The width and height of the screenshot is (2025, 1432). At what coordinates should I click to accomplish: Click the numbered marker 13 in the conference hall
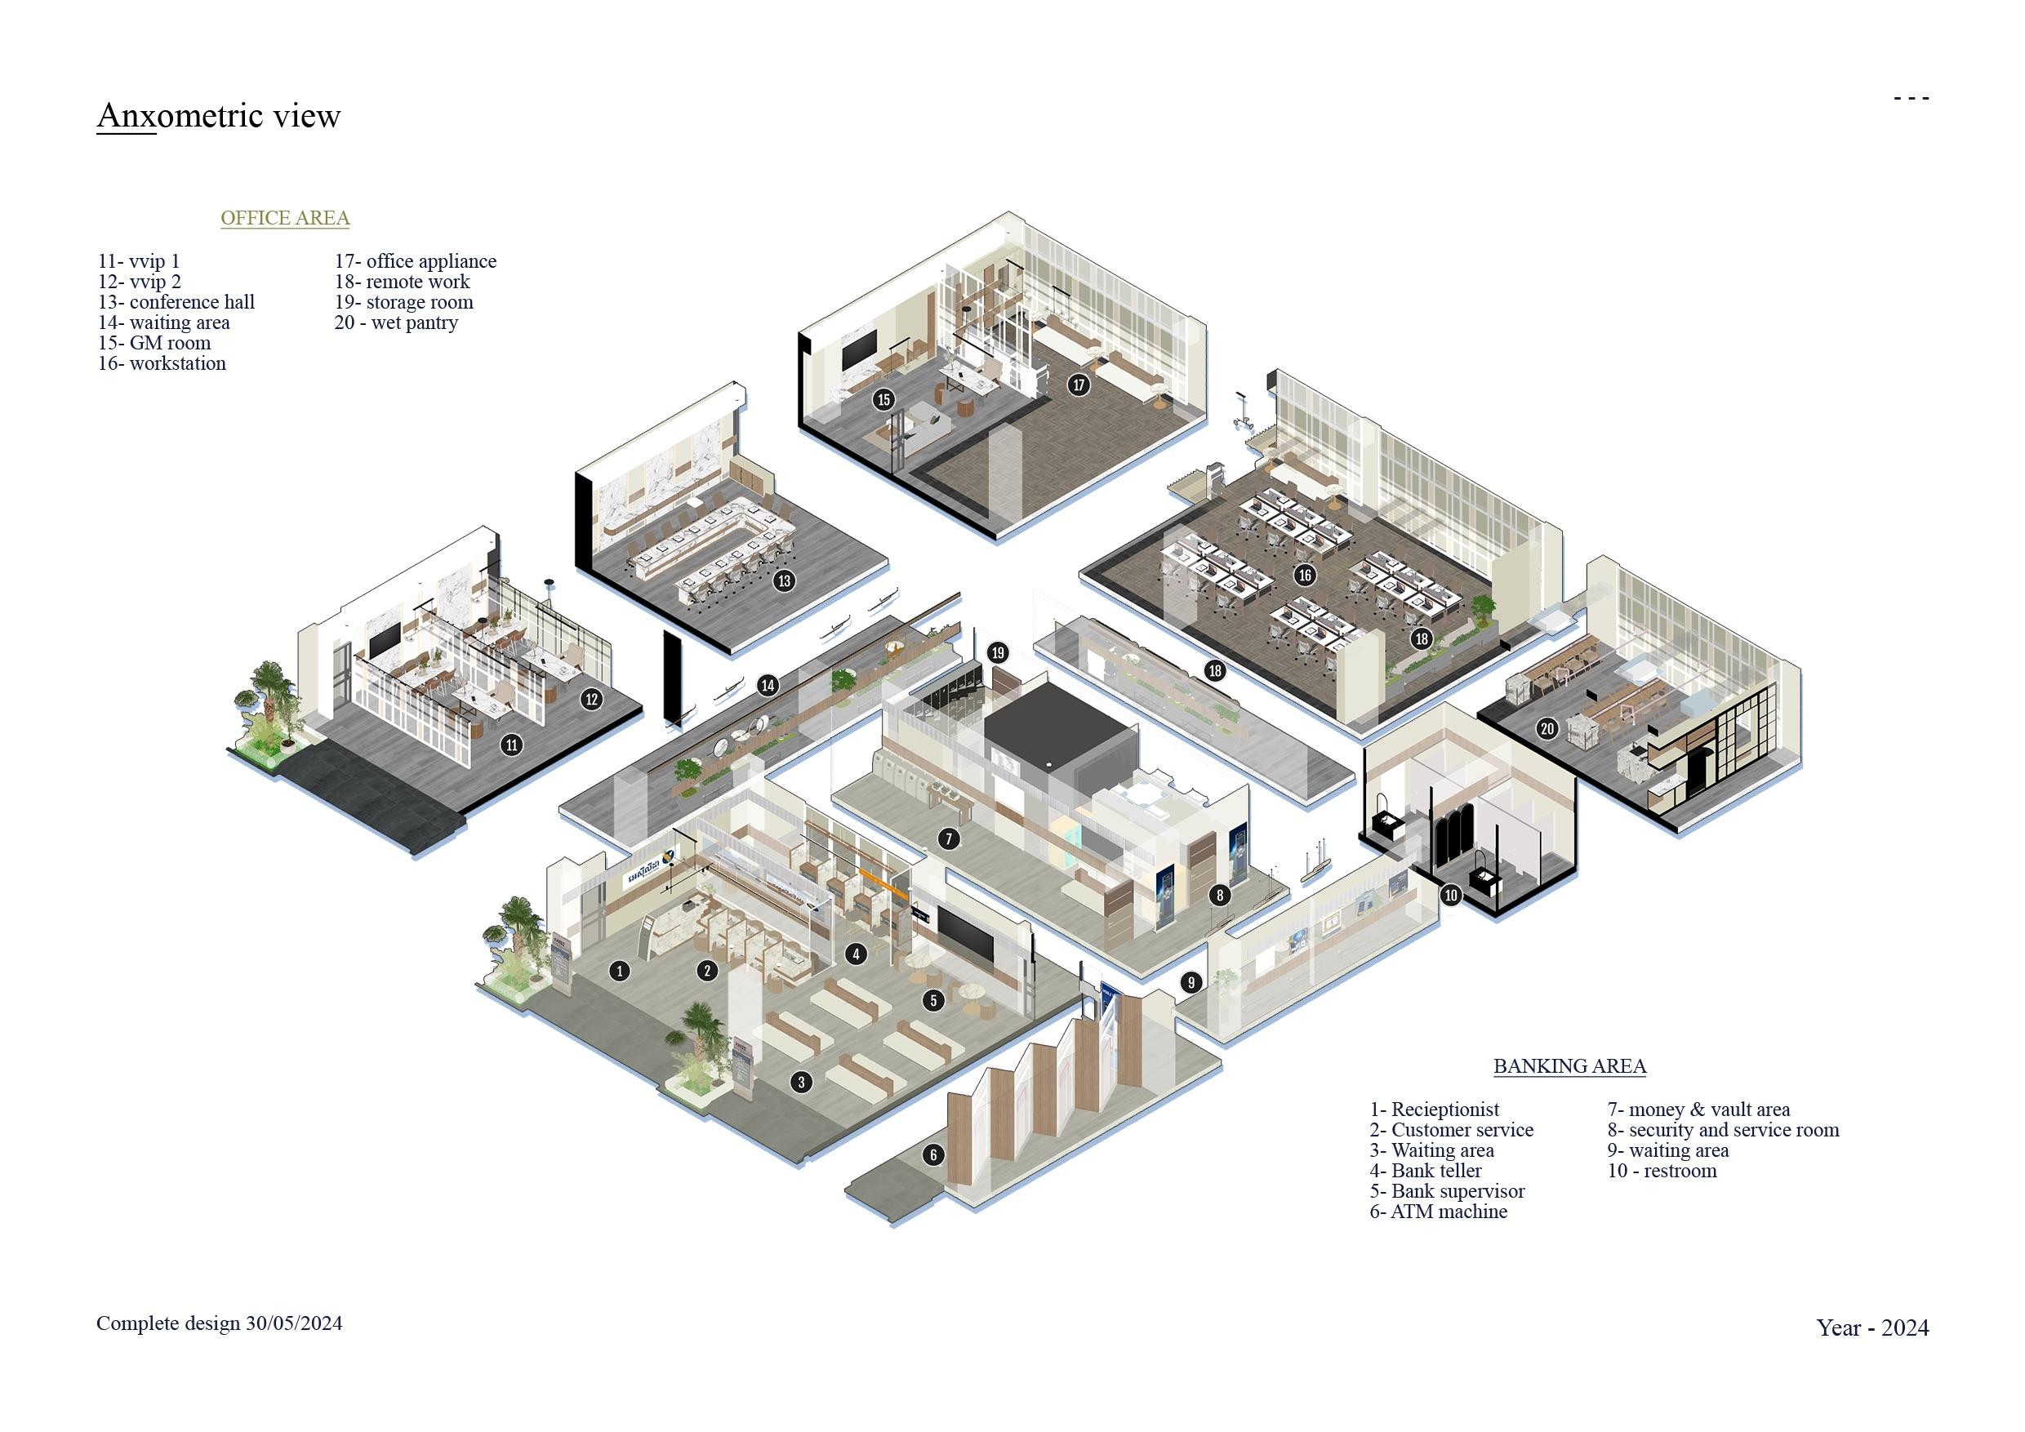783,580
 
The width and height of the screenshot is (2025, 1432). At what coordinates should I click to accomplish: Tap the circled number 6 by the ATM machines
933,1154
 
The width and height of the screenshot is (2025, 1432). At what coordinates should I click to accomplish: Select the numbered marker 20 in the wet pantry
1547,728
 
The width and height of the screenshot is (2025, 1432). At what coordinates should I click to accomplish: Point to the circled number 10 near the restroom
1451,895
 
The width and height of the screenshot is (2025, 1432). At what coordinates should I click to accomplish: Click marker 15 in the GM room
883,399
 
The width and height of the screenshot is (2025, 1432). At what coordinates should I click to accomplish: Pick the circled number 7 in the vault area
948,838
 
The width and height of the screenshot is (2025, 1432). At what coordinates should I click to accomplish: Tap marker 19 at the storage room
998,652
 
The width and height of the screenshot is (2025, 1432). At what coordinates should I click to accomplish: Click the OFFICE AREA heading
285,218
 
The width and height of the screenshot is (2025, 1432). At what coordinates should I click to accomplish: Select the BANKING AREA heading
1569,1066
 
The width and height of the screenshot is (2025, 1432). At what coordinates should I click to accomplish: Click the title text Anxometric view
218,115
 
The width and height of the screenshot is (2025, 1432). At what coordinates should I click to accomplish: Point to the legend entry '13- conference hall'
176,301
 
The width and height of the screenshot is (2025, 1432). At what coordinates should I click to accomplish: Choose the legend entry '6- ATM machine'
1438,1212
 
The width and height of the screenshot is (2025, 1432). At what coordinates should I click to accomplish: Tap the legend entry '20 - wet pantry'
396,322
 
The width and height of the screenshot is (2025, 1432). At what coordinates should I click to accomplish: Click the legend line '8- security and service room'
1723,1130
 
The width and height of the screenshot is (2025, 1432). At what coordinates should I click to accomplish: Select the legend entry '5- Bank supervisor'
1446,1191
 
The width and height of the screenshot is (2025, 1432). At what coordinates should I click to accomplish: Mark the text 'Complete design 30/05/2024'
219,1323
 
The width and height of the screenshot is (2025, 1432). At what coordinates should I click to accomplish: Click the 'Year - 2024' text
1871,1328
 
